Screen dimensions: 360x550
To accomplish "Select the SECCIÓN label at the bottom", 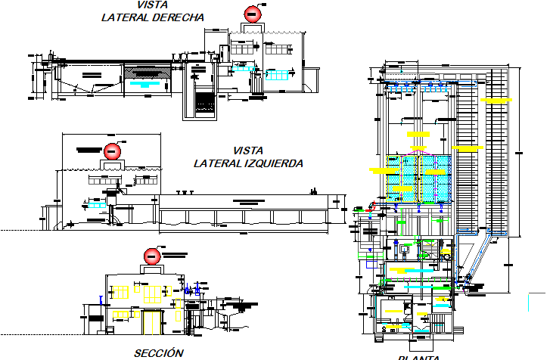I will (x=158, y=352).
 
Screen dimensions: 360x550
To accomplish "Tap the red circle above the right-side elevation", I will (x=253, y=13).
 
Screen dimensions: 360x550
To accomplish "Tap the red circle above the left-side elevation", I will (x=112, y=151).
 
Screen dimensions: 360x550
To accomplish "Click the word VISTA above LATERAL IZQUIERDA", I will (x=248, y=151).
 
